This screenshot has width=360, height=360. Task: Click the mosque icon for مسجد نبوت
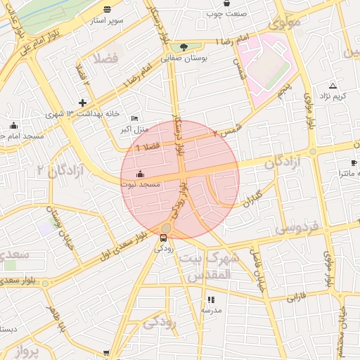(140, 174)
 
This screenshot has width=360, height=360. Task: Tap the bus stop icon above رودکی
(164, 238)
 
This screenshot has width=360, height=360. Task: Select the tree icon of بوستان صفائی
(184, 47)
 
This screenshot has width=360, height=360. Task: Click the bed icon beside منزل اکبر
(135, 118)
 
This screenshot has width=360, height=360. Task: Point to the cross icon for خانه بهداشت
(82, 103)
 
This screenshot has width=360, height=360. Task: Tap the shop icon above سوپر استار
(107, 10)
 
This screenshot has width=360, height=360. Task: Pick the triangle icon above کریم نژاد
(333, 85)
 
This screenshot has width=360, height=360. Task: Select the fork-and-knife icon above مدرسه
(212, 300)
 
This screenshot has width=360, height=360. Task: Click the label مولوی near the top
(284, 22)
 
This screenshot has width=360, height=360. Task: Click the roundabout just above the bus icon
(165, 227)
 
